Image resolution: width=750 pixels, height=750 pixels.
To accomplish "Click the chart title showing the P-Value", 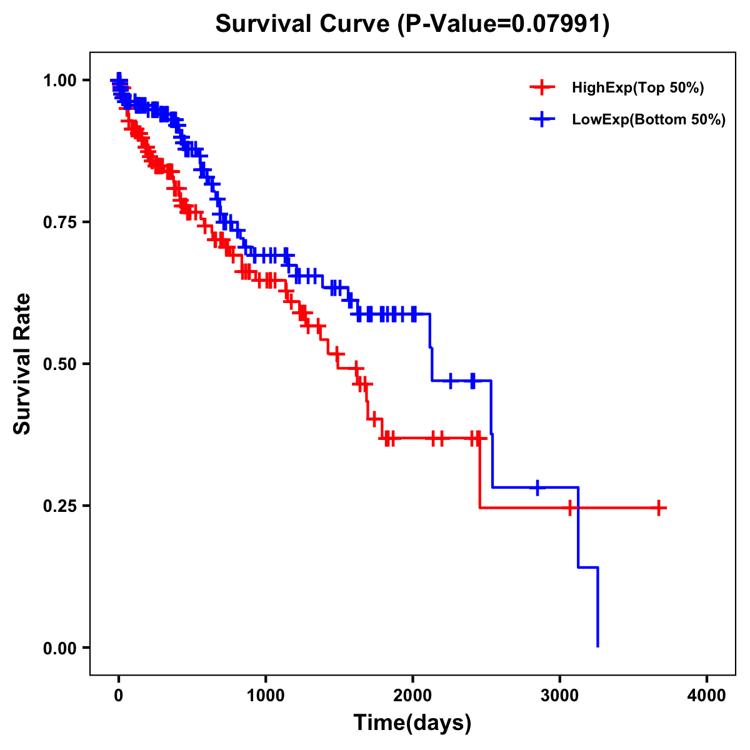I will (412, 24).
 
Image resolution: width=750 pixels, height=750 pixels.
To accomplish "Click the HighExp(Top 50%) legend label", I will (638, 88).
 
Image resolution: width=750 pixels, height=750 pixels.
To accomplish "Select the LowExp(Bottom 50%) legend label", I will (649, 119).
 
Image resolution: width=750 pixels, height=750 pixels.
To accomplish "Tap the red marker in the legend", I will (542, 87).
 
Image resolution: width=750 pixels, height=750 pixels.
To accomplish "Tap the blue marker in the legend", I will (542, 119).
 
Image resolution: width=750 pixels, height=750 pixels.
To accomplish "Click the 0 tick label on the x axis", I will (119, 696).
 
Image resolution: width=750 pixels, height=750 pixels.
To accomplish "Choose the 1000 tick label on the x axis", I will (266, 696).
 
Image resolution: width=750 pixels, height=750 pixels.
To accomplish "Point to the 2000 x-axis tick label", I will (412, 696).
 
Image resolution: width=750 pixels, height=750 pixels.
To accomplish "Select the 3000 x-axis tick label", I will (560, 696).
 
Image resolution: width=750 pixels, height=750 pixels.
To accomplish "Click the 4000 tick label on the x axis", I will (707, 696).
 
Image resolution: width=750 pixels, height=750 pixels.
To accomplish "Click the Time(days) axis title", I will (412, 723).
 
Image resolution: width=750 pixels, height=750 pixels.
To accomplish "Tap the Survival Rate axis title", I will (22, 364).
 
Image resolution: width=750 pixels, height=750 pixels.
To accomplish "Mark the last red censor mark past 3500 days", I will (659, 507).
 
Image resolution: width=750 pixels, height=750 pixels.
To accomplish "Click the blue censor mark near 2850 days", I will (537, 487).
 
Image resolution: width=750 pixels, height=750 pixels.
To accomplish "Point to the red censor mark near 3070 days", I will (570, 507).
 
